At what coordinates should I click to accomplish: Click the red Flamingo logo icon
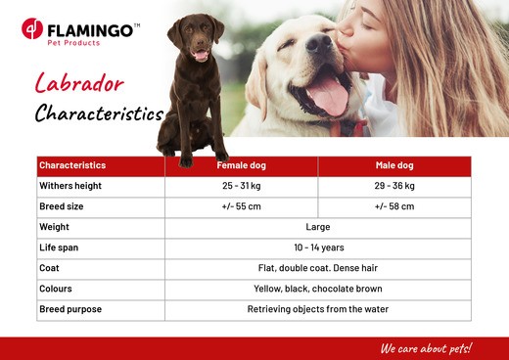click(32, 28)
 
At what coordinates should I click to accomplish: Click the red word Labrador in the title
click(79, 83)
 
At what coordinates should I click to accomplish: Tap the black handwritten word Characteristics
click(99, 113)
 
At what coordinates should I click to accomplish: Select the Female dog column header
click(242, 165)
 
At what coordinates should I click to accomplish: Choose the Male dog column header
click(394, 165)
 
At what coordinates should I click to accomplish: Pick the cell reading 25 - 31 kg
click(242, 186)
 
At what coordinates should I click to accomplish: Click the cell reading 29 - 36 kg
click(394, 186)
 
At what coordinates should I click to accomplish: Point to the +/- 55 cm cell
click(242, 206)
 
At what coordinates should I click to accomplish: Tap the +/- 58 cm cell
click(394, 206)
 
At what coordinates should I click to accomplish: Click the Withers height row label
click(70, 186)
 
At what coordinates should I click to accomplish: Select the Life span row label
click(59, 247)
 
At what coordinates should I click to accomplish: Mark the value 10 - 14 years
click(319, 247)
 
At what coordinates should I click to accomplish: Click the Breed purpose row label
click(70, 309)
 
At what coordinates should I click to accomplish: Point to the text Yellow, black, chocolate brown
click(318, 289)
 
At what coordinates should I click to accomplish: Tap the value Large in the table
click(318, 227)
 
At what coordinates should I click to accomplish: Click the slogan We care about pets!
click(426, 348)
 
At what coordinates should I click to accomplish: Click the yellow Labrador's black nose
click(319, 43)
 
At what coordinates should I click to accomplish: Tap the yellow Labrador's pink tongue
click(328, 97)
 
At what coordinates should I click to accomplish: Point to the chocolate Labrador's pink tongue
click(201, 55)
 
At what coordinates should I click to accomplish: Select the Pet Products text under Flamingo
click(73, 43)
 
